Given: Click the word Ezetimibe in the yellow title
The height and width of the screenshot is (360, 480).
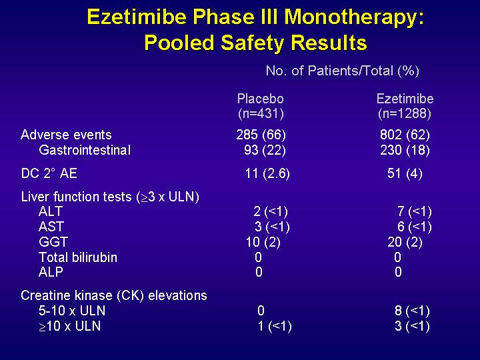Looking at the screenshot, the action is (137, 17).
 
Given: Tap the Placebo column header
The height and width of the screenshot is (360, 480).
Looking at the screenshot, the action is (261, 99).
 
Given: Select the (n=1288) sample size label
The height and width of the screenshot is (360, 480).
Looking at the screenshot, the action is (405, 113).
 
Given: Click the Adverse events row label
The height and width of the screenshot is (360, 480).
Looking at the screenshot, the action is (66, 135).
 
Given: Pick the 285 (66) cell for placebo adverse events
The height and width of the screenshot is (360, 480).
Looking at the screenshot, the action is (261, 135).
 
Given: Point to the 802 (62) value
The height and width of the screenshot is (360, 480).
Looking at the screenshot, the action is (405, 135).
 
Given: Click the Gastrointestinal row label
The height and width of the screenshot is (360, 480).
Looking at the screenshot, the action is (85, 150).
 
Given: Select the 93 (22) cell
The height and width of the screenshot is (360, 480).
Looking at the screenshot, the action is (265, 150).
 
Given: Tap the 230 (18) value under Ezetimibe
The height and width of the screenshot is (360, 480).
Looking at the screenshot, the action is (405, 150).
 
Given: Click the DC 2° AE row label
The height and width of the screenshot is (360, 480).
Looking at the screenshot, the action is (49, 173).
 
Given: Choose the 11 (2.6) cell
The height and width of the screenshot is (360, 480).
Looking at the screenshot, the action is (267, 173).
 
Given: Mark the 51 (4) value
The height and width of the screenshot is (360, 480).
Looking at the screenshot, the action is (405, 173).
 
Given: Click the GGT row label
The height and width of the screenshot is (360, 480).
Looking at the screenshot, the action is (53, 242).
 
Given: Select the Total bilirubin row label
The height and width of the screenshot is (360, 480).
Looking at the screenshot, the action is (78, 257).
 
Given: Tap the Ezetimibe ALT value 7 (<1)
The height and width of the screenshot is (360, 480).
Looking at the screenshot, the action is (415, 211).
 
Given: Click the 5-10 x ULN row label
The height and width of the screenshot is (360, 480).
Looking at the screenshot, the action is (72, 311).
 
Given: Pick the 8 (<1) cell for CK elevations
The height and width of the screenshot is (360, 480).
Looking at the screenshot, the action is (412, 311).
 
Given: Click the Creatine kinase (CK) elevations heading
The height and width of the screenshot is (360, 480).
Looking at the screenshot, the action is (114, 296).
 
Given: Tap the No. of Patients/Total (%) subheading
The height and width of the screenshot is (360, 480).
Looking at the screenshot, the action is (342, 71).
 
